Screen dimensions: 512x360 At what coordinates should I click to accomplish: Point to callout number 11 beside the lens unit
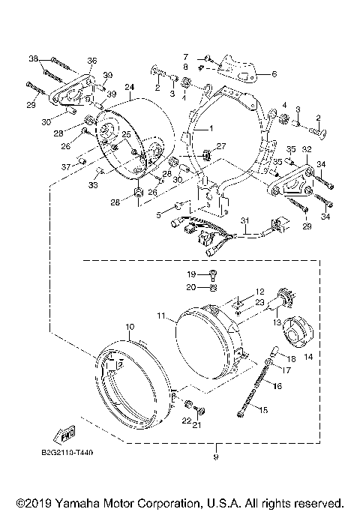click(x=163, y=317)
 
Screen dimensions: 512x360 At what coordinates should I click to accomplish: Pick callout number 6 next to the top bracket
click(x=274, y=74)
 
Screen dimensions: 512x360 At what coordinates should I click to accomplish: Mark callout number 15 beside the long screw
click(x=262, y=409)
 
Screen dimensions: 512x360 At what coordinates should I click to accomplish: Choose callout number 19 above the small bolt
click(x=191, y=274)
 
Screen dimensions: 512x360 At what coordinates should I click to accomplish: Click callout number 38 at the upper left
click(x=32, y=58)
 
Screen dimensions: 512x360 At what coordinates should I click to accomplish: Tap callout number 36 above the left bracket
click(x=91, y=61)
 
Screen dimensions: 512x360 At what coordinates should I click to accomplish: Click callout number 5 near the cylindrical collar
click(x=158, y=214)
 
